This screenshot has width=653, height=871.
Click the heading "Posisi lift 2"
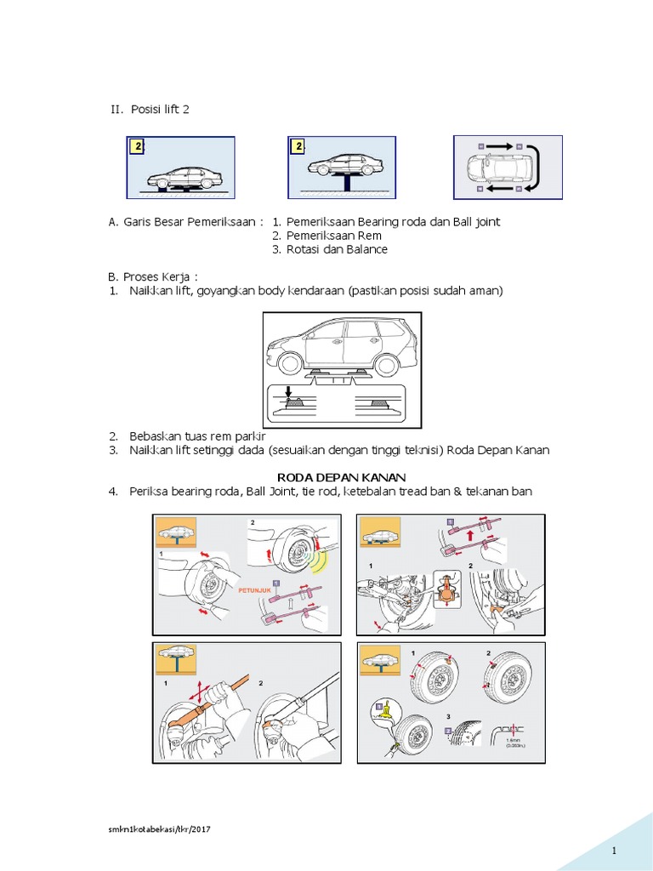click(x=154, y=111)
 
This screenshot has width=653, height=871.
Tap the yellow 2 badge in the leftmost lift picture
click(x=136, y=147)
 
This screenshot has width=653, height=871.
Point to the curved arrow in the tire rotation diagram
click(x=537, y=167)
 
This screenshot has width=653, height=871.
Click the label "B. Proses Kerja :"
click(x=159, y=276)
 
